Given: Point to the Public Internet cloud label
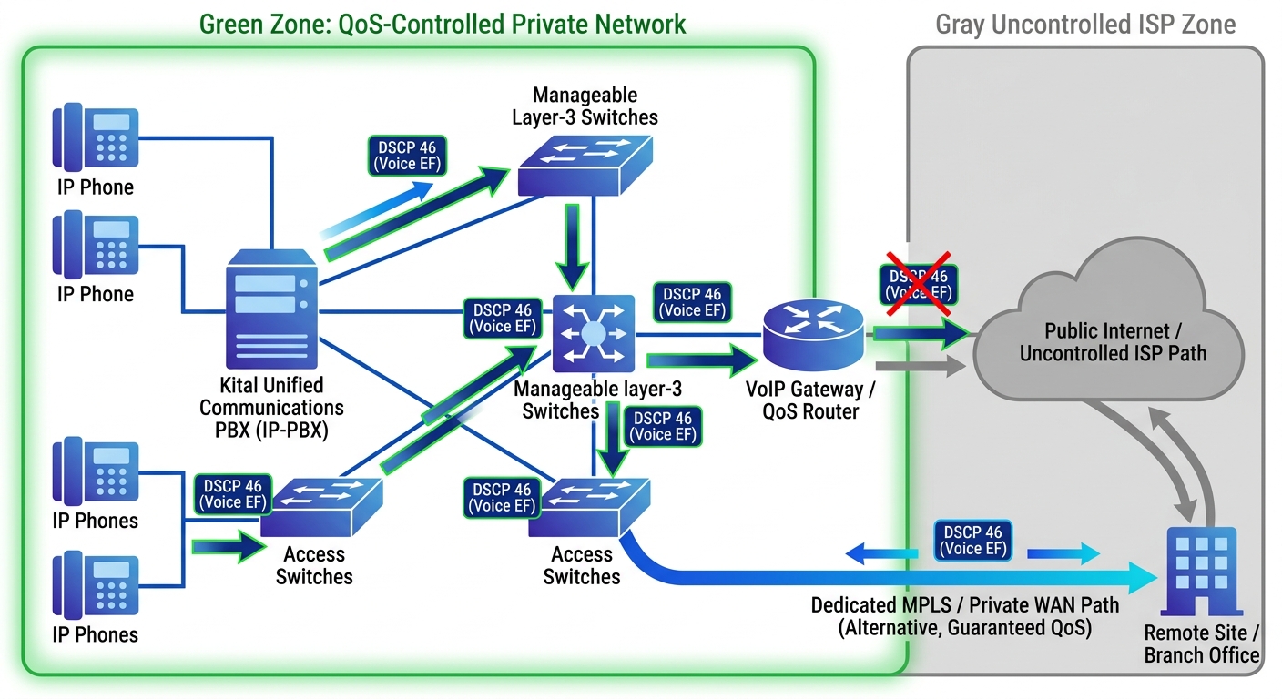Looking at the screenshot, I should point(1112,342).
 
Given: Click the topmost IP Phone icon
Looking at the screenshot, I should point(96,137).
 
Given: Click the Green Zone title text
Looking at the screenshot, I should point(443,23).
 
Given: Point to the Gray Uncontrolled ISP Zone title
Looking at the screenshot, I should point(1085,25).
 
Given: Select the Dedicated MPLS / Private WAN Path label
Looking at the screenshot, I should point(965,616).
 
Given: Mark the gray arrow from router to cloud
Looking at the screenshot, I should point(920,367).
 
